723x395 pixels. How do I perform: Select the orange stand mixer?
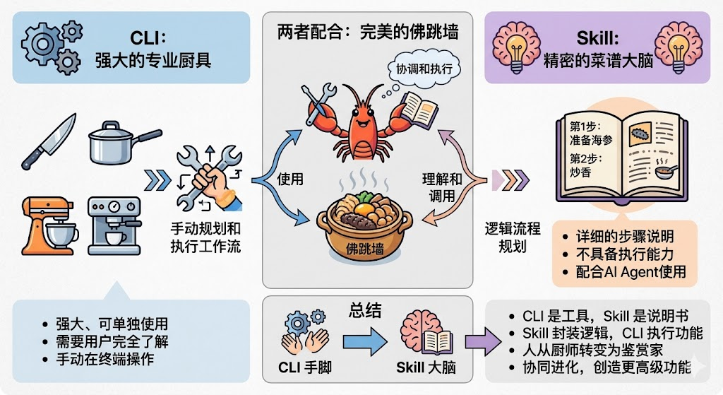pos(50,225)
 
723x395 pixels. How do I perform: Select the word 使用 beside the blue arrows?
pos(289,179)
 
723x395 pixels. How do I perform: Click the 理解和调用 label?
pos(442,187)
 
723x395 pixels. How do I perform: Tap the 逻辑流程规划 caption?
pos(512,237)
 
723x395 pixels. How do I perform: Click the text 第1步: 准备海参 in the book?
pos(590,133)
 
